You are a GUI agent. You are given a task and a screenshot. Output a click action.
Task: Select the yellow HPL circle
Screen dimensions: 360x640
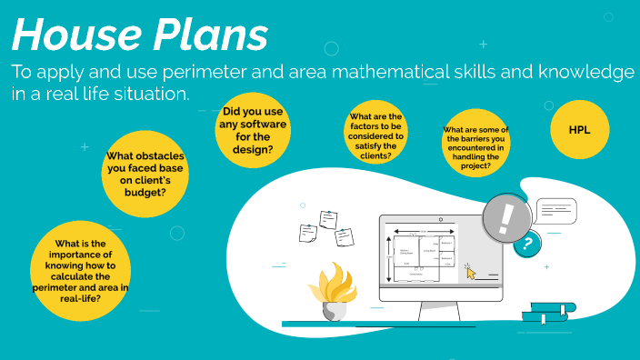tap(579, 130)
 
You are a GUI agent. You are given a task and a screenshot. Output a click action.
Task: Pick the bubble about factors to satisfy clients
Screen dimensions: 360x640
tap(375, 136)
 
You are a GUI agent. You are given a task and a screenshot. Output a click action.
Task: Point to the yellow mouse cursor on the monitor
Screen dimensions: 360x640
tap(470, 269)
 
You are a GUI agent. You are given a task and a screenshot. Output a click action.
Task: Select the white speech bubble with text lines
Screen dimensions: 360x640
tap(556, 211)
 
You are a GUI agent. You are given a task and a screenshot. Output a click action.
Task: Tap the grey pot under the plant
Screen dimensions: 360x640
tap(334, 310)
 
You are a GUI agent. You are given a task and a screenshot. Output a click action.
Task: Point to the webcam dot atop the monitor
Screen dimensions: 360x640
tap(440, 218)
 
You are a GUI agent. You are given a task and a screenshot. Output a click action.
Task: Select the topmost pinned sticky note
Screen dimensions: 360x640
tap(327, 219)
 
